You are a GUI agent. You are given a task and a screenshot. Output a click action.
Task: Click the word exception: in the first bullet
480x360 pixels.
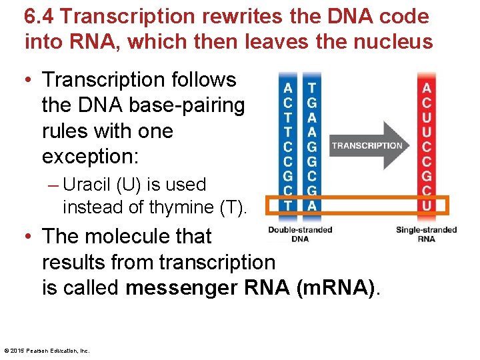[90, 156]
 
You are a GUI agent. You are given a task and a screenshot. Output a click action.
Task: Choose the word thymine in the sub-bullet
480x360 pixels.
[181, 207]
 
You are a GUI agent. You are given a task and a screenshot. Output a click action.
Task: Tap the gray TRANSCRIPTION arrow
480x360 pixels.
[367, 145]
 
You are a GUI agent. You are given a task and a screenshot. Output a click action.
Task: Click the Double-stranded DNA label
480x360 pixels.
[300, 234]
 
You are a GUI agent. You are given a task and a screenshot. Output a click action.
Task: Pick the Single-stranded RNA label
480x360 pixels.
[426, 234]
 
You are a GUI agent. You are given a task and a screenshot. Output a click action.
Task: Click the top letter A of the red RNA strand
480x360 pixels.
[427, 88]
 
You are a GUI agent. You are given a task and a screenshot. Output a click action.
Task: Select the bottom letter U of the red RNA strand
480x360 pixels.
[427, 205]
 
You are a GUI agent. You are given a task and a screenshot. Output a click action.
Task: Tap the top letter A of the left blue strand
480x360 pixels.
[287, 88]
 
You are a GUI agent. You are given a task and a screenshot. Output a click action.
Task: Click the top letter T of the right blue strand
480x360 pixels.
[311, 88]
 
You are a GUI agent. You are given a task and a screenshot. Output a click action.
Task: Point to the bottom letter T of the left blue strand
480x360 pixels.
[287, 205]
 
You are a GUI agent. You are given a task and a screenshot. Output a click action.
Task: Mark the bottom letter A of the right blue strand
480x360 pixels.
[311, 205]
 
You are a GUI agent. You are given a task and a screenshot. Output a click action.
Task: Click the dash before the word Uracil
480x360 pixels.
[53, 185]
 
